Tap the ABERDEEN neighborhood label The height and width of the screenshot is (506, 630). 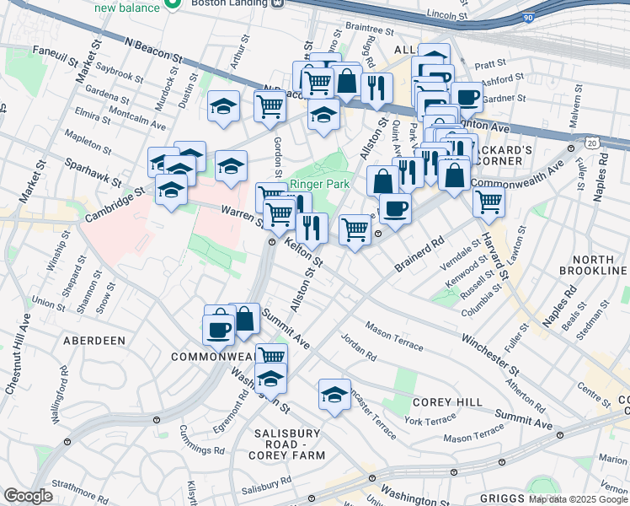(x=94, y=340)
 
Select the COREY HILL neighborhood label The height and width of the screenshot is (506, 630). (x=451, y=403)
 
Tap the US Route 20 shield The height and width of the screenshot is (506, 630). (x=593, y=144)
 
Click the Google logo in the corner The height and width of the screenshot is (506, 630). (x=28, y=496)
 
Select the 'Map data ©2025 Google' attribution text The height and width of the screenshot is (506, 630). (x=578, y=499)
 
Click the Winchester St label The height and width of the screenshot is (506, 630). (x=489, y=351)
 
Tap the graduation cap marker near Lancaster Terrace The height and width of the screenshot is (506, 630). (x=334, y=394)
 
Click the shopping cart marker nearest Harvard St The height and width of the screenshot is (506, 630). (x=488, y=202)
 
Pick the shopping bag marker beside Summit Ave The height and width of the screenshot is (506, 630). (x=244, y=319)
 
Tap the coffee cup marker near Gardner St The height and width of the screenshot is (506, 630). (x=467, y=97)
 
